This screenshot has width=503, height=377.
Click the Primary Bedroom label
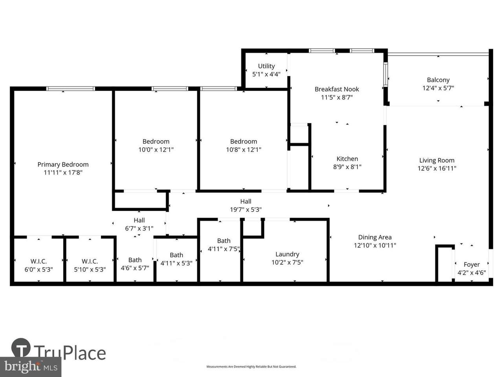click(63, 165)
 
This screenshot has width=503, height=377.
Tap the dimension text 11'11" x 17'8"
click(63, 172)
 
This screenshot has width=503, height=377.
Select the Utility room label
click(266, 66)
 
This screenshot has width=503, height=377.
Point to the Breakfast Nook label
click(337, 89)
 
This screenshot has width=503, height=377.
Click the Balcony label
click(438, 80)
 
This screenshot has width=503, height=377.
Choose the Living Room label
click(437, 160)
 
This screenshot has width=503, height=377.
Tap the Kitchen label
click(347, 159)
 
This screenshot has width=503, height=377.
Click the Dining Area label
click(374, 237)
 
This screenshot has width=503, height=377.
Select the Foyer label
click(472, 265)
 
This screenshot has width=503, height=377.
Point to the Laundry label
click(287, 254)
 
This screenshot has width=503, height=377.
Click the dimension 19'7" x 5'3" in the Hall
click(246, 210)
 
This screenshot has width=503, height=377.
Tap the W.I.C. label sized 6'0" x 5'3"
click(39, 262)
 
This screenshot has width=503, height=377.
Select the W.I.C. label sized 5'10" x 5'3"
click(90, 262)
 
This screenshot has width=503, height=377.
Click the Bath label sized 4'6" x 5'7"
click(135, 260)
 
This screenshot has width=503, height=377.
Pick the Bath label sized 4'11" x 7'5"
click(224, 241)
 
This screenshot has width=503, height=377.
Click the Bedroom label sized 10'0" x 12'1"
click(156, 141)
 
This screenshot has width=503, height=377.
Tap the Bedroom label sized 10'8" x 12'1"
click(243, 141)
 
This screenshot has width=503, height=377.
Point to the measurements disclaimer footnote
click(251, 367)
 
